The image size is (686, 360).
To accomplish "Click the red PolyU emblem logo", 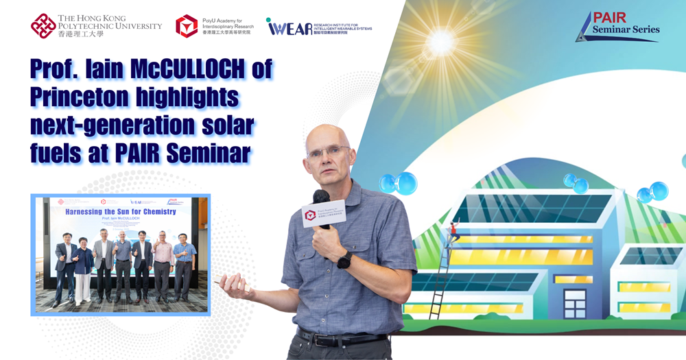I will pyautogui.click(x=43, y=26).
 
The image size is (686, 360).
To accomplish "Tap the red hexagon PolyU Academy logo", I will pyautogui.click(x=186, y=26).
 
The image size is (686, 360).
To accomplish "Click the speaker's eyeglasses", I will pyautogui.click(x=328, y=152).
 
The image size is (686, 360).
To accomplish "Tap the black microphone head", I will pyautogui.click(x=321, y=198).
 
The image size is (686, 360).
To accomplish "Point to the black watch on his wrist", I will pyautogui.click(x=344, y=260).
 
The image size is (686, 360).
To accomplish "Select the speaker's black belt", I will pyautogui.click(x=340, y=339).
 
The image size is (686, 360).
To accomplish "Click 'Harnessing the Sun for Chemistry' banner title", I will pyautogui.click(x=120, y=211).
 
